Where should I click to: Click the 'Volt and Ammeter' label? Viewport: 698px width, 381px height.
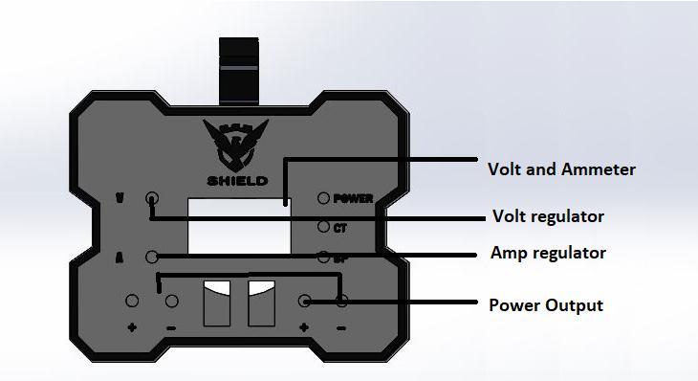click(561, 169)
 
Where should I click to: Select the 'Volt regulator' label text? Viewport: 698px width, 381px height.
click(547, 216)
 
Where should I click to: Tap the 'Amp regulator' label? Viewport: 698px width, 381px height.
click(548, 254)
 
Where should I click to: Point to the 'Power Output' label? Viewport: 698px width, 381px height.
click(546, 305)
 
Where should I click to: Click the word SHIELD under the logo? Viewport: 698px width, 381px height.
click(237, 181)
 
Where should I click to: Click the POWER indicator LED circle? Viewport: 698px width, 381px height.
click(323, 199)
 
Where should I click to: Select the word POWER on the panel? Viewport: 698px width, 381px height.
click(353, 199)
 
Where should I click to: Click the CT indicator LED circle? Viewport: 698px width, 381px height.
click(323, 227)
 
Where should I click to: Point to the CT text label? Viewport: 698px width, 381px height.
click(339, 228)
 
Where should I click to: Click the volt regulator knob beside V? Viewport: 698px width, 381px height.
click(151, 199)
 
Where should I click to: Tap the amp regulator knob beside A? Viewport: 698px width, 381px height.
click(151, 256)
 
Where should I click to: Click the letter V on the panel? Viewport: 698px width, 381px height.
click(120, 199)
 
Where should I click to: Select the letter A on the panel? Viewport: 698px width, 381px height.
click(120, 257)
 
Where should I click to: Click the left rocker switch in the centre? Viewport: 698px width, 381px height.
click(217, 303)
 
